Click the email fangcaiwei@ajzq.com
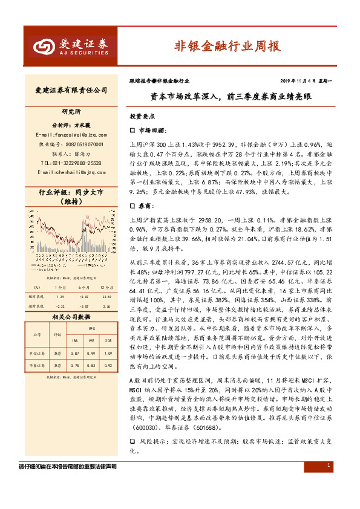click(x=71, y=134)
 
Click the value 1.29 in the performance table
click(x=61, y=297)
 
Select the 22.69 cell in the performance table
click(x=106, y=297)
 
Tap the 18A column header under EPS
click(x=74, y=339)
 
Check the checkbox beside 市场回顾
click(x=133, y=130)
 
